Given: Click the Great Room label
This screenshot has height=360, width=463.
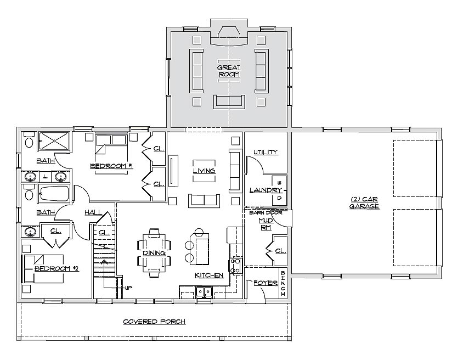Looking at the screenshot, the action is pos(229,71).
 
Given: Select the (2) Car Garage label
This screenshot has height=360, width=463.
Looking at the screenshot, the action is pos(364,203).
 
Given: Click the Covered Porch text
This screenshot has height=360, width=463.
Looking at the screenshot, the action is pos(154,322).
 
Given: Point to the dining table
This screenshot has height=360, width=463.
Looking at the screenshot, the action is pos(154,253).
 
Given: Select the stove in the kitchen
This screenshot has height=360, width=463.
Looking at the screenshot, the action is pos(235,266).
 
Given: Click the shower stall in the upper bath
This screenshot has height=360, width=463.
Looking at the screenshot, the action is pos(54,141).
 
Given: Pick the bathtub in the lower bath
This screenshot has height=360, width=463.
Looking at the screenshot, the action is pos(53,194).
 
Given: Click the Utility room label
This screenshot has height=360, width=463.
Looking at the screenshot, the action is pos(266,152).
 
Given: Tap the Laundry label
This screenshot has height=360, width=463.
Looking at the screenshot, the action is pos(266,190).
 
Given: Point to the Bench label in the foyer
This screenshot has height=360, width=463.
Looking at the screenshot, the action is pos(283,283).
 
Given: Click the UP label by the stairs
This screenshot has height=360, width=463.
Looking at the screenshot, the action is pos(128,288).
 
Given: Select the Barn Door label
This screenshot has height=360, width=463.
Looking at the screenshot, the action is pos(266,212).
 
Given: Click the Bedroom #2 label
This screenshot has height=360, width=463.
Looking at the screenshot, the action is pos(57,268).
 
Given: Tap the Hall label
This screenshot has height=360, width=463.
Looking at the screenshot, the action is pos(93,212).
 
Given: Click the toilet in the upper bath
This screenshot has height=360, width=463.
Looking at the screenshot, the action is pos(29,140).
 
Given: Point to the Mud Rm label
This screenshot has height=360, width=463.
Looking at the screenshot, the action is pos(266,224).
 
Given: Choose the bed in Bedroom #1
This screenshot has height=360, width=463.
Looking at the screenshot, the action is pos(111,154).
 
